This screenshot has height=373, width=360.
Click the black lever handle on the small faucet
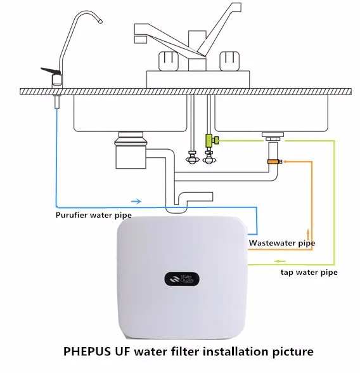point(50,70)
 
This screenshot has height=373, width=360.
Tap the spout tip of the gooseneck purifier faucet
point(100,22)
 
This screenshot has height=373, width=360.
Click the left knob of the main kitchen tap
point(168,62)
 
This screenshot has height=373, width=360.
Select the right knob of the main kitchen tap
point(229,62)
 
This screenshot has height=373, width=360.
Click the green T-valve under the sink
point(211,140)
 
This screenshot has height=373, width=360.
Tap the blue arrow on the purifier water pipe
point(136,202)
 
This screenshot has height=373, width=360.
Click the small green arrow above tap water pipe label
point(280,261)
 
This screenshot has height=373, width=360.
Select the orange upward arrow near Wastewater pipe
point(308,234)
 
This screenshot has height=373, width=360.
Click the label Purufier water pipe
point(94,215)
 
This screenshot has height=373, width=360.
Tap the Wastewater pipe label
point(282,243)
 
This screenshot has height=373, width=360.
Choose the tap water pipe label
point(309,272)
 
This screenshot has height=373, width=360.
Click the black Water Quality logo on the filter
point(182,279)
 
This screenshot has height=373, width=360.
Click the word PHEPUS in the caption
point(87,351)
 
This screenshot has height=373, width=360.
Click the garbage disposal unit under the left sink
point(131,150)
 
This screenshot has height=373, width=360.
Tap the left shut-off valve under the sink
point(192,157)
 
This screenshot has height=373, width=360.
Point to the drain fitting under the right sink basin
point(273,137)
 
